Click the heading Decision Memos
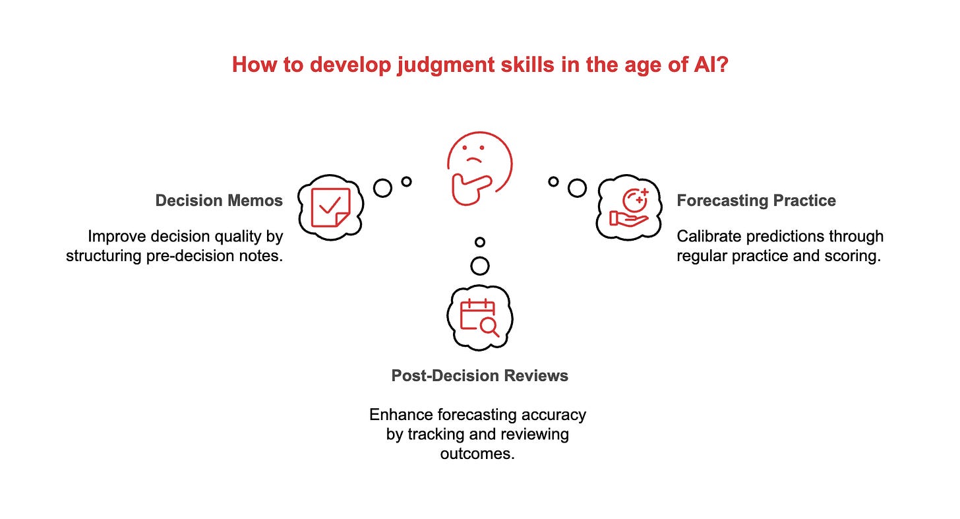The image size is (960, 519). click(219, 200)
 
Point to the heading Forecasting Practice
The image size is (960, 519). click(756, 200)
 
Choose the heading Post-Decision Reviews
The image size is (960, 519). click(479, 375)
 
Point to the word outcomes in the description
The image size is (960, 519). click(477, 454)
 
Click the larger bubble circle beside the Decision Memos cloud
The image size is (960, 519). click(382, 188)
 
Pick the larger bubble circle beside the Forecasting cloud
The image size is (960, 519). click(577, 188)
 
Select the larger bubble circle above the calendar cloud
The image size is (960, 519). click(480, 266)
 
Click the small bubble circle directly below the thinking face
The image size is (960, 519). click(480, 242)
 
